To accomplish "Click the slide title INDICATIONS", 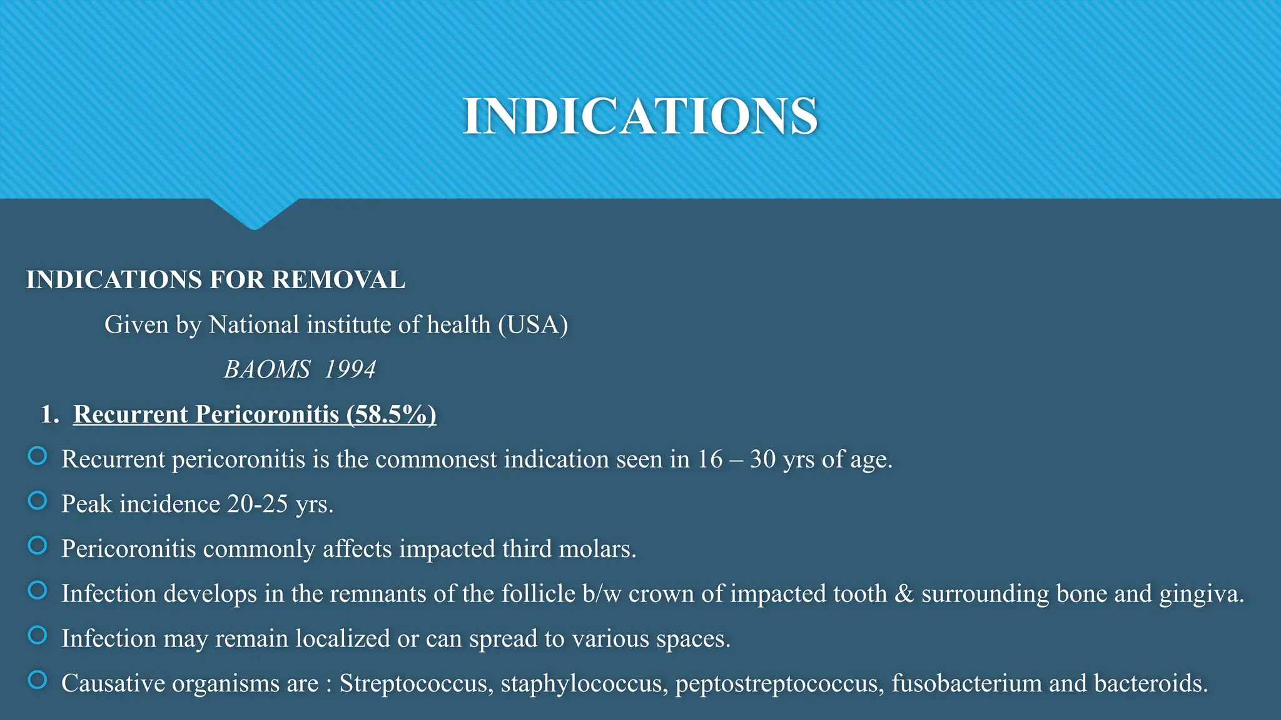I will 640,116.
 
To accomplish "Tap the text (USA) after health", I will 533,325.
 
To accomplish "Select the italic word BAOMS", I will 267,369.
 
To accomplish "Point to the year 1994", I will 350,369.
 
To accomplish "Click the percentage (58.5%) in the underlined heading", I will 392,414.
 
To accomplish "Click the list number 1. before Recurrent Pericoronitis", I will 49,414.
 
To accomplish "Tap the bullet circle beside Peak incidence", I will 38,501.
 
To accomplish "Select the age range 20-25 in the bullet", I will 257,504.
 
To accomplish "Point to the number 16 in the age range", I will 710,459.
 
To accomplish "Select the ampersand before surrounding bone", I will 904,594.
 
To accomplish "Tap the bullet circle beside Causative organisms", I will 38,680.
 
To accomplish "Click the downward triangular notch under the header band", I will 255,212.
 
